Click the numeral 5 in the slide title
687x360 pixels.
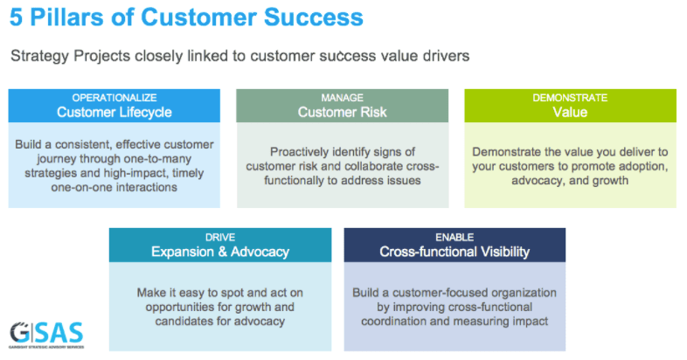click(17, 17)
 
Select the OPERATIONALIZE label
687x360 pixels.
click(114, 98)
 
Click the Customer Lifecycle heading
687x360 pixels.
click(114, 112)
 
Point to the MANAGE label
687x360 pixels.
click(342, 98)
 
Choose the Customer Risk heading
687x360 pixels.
click(342, 112)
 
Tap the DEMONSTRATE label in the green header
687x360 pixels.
click(570, 98)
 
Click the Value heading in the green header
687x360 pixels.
click(570, 112)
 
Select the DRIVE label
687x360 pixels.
click(220, 238)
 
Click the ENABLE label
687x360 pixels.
click(455, 238)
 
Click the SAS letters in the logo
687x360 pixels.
click(60, 332)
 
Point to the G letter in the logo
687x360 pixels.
click(21, 332)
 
